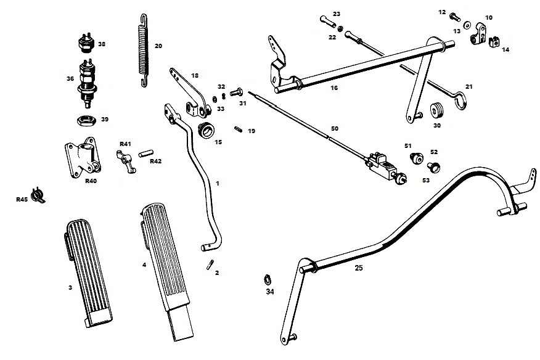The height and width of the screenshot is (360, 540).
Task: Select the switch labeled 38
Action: tap(84, 44)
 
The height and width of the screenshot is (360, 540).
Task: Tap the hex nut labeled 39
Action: tap(84, 119)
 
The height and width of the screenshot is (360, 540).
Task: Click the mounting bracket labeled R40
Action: tap(82, 159)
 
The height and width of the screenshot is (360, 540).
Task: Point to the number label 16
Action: tap(334, 88)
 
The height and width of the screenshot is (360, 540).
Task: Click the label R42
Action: tap(155, 162)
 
